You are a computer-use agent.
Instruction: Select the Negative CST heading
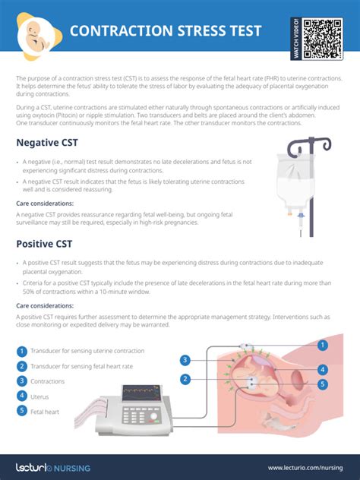[46, 143]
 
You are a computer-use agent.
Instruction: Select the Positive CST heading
[44, 244]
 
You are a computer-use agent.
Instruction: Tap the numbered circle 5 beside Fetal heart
[22, 411]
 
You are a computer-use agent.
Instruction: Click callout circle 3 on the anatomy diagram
[185, 360]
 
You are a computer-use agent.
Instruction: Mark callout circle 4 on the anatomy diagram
[323, 370]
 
